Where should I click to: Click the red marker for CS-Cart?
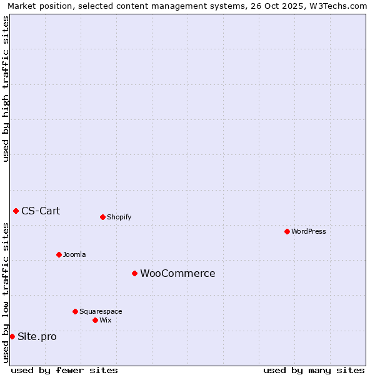(16, 211)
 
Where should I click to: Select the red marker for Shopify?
(102, 217)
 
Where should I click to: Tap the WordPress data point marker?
(287, 231)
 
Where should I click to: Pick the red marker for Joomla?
(59, 254)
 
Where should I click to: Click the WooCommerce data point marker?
(134, 273)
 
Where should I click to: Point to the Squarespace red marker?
(75, 311)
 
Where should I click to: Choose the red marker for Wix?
(95, 320)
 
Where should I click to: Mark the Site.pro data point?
(12, 336)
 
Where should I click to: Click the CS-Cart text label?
(41, 211)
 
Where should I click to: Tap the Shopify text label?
(119, 217)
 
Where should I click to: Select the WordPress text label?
(308, 232)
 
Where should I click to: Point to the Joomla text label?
(74, 255)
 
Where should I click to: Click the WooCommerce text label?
(177, 274)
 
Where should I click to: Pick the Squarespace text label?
(101, 312)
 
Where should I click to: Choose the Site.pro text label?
(37, 337)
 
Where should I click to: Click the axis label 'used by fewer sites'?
(64, 370)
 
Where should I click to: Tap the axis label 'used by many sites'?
(314, 370)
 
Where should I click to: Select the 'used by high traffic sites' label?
(6, 89)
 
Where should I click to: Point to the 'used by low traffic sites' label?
(6, 292)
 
